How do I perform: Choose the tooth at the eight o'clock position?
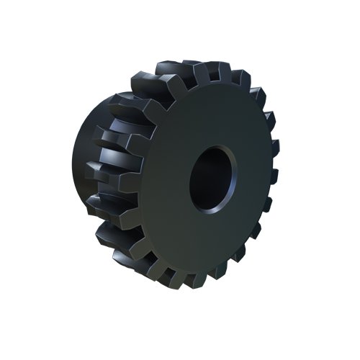click(x=108, y=230)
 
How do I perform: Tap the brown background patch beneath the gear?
click(x=144, y=282)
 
